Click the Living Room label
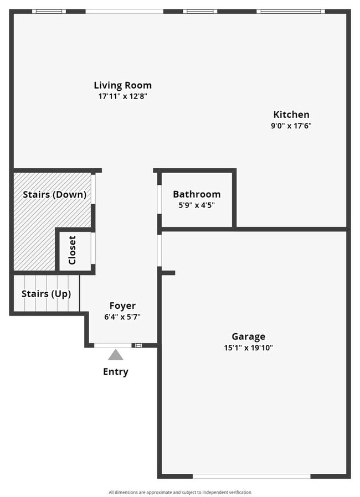coord(122,85)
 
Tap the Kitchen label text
coord(291,115)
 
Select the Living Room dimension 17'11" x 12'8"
coord(122,96)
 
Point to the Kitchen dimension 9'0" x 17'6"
coord(291,125)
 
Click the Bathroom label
coord(197,194)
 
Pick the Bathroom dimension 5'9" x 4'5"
coord(197,205)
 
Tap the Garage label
coord(248,336)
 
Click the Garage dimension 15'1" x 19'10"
coord(248,348)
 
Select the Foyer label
coord(122,306)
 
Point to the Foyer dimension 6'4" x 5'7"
coord(122,317)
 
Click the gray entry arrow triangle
coord(115,355)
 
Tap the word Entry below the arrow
coord(115,371)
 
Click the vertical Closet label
coord(72,250)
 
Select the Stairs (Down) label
coord(54,194)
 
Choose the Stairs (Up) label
coord(47,294)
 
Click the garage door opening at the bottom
coord(251,475)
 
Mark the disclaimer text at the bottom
coord(180,492)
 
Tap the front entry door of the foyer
coord(114,345)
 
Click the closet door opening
coord(93,247)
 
